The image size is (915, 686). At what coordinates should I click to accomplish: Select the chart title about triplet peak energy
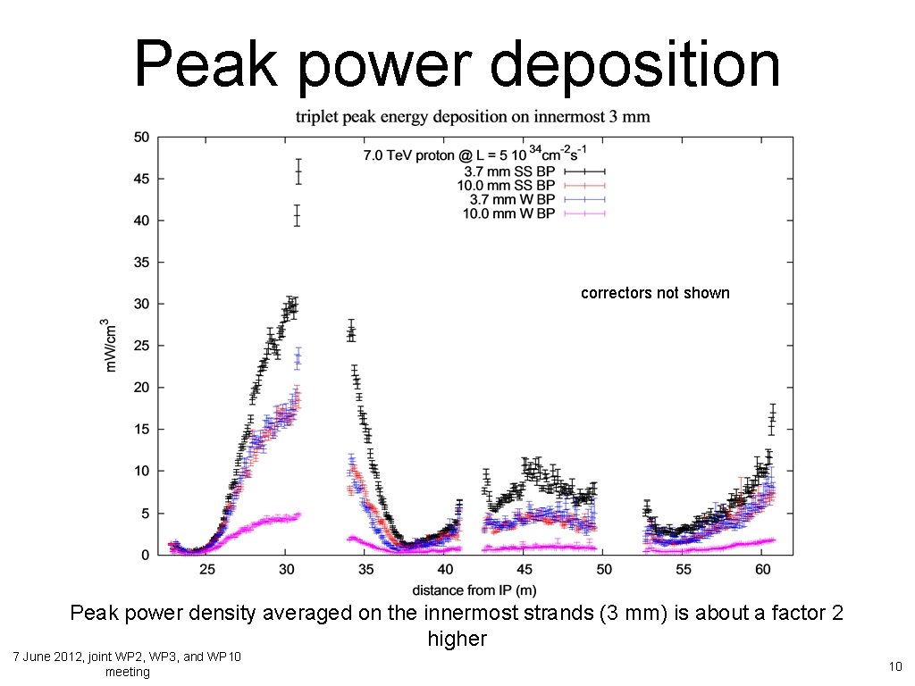(474, 116)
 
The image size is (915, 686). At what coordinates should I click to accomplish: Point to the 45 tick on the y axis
(141, 179)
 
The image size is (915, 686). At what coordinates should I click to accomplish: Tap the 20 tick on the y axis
(141, 388)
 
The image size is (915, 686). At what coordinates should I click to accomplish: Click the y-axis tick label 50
(141, 138)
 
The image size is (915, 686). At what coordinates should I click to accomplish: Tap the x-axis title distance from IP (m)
(474, 590)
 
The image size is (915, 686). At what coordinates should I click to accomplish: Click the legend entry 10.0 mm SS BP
(506, 185)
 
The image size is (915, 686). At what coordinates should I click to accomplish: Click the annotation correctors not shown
(655, 293)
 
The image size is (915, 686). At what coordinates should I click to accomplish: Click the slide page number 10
(894, 665)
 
